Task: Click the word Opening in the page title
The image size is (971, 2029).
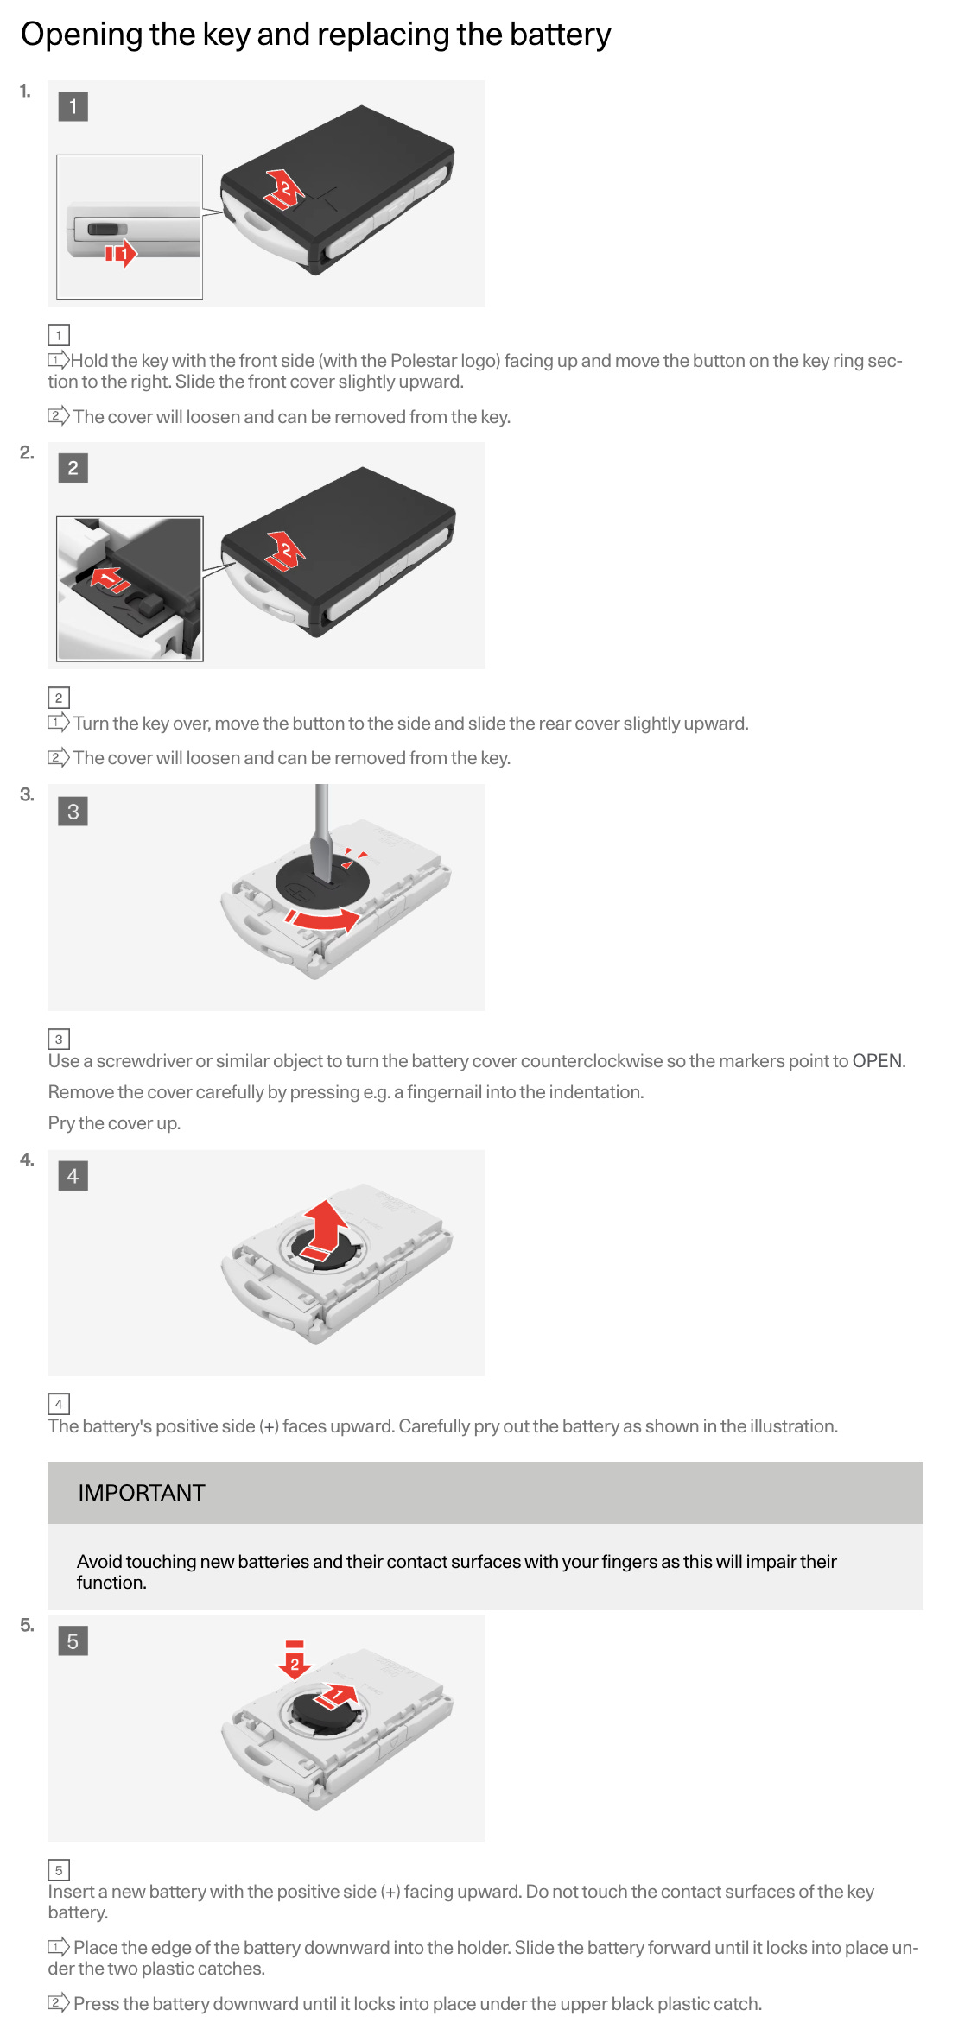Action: [x=81, y=35]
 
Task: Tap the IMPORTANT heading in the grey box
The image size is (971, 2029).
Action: [x=142, y=1493]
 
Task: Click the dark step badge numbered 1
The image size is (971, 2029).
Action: [x=73, y=106]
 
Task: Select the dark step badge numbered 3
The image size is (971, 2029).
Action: [x=73, y=811]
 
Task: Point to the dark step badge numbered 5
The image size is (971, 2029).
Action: [x=73, y=1640]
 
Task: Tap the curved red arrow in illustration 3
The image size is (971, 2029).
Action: [x=324, y=919]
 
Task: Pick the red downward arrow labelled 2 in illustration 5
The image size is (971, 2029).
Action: [x=295, y=1659]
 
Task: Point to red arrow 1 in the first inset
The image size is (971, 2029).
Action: [x=121, y=253]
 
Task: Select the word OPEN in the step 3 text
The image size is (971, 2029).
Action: [x=877, y=1061]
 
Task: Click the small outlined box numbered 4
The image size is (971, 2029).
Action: [x=59, y=1404]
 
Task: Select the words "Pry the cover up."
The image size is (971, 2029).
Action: [x=114, y=1123]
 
